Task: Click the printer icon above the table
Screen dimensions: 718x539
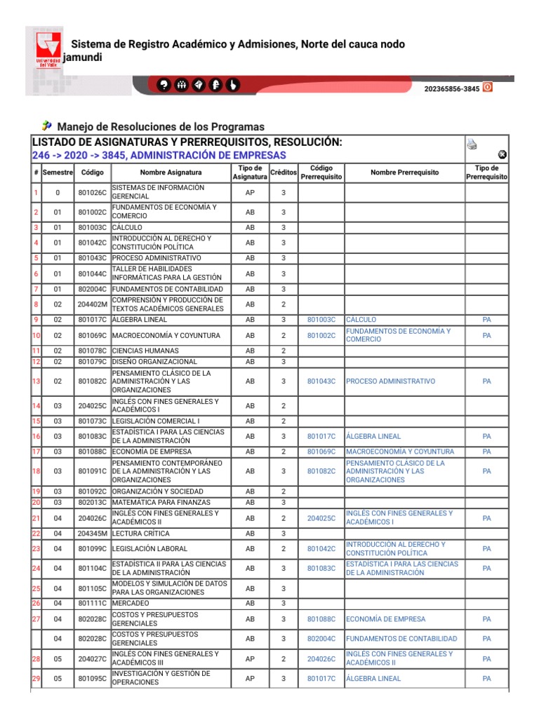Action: point(472,144)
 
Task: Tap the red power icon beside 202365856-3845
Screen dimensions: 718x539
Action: point(488,88)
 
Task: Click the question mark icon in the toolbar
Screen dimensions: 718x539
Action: point(164,85)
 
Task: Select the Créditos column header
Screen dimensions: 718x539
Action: point(283,172)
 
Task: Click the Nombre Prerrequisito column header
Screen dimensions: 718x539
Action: point(404,172)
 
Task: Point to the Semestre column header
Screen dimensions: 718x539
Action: point(58,172)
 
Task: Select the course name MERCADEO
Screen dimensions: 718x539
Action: point(131,603)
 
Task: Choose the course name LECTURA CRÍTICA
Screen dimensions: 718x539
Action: point(138,534)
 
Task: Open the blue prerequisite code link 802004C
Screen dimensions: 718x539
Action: point(321,639)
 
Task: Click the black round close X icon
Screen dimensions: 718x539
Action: point(502,155)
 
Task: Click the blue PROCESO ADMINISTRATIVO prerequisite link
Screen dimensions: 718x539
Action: point(390,381)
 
